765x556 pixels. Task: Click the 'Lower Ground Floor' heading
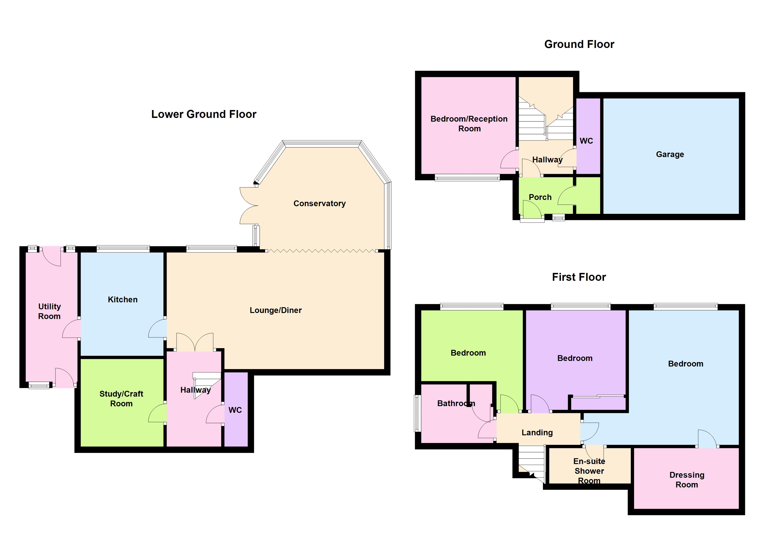coord(204,114)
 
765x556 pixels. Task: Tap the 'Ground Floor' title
coord(579,44)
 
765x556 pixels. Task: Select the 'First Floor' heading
coord(579,277)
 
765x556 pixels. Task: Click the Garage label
coord(670,155)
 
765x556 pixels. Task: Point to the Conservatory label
coord(319,203)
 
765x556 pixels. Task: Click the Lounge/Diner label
coord(276,310)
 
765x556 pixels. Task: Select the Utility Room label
coord(49,311)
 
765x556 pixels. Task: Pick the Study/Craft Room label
coord(121,398)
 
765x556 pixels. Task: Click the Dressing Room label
coord(687,480)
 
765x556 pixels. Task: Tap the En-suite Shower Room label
coord(589,471)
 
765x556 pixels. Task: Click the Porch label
coord(540,197)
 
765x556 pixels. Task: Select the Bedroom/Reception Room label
coord(469,124)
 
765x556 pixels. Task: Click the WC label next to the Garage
coord(586,141)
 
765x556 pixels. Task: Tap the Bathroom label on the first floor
coord(456,403)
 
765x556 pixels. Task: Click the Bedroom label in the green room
coord(468,353)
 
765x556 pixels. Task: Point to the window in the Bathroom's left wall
coord(418,413)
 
